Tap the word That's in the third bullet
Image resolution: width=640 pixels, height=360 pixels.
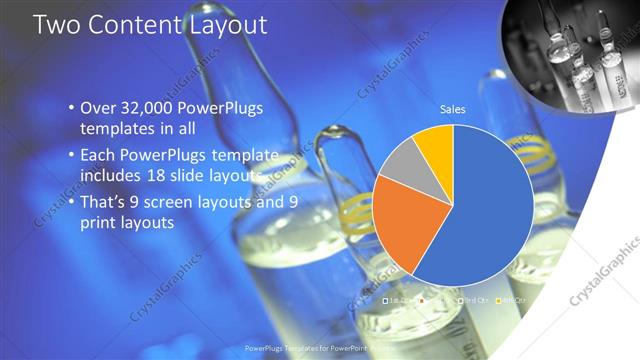click(x=104, y=202)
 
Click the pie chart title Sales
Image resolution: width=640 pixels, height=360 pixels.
click(x=454, y=109)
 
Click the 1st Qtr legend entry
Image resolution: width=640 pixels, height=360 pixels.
click(x=399, y=300)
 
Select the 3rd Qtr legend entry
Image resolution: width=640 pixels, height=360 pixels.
click(x=474, y=300)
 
